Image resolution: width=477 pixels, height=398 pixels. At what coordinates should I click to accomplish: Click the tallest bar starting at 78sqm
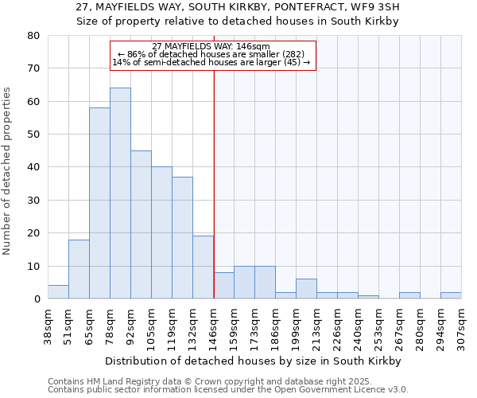point(120,193)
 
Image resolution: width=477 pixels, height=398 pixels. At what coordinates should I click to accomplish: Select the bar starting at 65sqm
point(99,203)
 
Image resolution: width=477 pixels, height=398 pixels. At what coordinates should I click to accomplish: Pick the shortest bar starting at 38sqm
point(58,292)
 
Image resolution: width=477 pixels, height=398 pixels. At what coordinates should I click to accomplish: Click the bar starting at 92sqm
point(141,224)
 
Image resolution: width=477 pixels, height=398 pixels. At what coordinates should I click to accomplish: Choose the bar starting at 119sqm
point(182,238)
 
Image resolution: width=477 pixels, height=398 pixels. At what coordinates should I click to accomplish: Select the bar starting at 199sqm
point(306,289)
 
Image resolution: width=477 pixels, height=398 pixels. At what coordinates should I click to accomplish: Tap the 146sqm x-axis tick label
point(214,326)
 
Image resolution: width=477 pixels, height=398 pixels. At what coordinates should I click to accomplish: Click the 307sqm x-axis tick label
point(461,326)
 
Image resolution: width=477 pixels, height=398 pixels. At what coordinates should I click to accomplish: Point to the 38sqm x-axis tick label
point(48,326)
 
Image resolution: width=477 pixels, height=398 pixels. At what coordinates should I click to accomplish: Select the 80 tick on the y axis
point(33,36)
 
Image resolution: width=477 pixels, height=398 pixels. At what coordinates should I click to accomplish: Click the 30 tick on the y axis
point(33,200)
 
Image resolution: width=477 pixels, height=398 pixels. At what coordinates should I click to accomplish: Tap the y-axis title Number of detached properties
point(8,167)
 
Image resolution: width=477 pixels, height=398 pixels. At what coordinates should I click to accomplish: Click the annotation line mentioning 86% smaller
point(211,54)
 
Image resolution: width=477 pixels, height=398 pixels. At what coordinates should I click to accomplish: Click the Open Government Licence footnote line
point(227,390)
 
